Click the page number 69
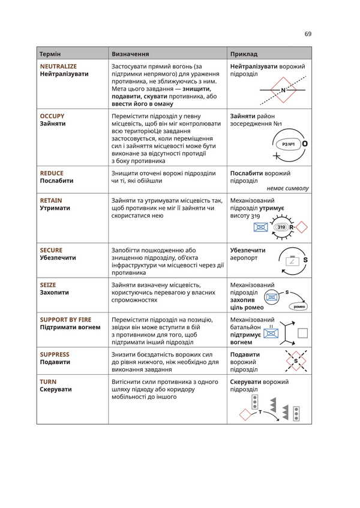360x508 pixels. coord(308,34)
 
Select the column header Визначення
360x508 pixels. coord(130,53)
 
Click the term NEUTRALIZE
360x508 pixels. coord(58,66)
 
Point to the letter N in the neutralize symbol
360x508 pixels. coord(283,91)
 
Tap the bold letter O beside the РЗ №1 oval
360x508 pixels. coord(305,145)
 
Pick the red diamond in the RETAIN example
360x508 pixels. coord(301,227)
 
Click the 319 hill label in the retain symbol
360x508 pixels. coord(281,227)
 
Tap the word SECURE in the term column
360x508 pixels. coord(51,250)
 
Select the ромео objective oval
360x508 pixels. coord(298,306)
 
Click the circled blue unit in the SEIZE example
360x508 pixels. coord(272,296)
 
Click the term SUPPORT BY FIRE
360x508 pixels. coord(65,320)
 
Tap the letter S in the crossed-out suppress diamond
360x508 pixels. coord(295,361)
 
